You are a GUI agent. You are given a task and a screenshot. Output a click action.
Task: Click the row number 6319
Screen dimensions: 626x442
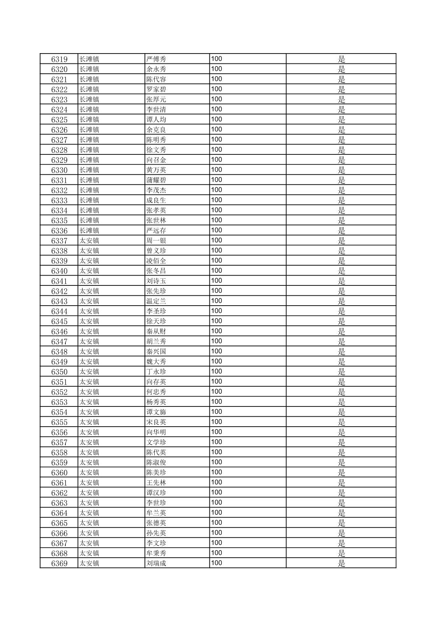pyautogui.click(x=59, y=59)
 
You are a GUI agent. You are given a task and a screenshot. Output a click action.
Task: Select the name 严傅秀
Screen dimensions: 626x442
pyautogui.click(x=156, y=59)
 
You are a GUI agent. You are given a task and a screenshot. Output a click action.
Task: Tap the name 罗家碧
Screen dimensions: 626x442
pyautogui.click(x=156, y=89)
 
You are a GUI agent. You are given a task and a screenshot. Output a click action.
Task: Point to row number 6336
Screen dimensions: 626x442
pyautogui.click(x=59, y=231)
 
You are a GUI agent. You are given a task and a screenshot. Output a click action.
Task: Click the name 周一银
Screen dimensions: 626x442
pyautogui.click(x=156, y=241)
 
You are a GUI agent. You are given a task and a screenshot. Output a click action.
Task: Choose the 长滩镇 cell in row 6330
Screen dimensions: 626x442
pyautogui.click(x=89, y=170)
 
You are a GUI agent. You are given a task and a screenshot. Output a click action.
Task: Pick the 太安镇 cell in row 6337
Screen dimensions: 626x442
pyautogui.click(x=89, y=241)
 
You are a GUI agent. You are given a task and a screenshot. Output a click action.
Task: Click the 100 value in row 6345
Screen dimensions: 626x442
pyautogui.click(x=216, y=321)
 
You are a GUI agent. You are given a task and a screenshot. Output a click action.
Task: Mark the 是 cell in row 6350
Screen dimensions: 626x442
pyautogui.click(x=341, y=372)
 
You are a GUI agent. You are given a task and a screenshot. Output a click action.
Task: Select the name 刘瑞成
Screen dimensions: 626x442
pyautogui.click(x=156, y=563)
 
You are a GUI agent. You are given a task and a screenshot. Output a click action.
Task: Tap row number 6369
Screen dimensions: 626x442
pyautogui.click(x=59, y=563)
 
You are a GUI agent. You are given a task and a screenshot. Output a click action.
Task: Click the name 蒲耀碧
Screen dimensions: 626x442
pyautogui.click(x=156, y=180)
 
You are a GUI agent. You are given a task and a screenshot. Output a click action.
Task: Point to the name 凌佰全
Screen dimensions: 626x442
pyautogui.click(x=156, y=261)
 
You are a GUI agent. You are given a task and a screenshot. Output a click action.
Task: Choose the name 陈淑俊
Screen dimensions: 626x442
pyautogui.click(x=156, y=462)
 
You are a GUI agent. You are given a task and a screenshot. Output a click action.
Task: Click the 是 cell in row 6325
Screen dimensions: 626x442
pyautogui.click(x=341, y=120)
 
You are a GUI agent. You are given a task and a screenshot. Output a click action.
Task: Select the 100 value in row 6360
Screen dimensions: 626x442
pyautogui.click(x=216, y=472)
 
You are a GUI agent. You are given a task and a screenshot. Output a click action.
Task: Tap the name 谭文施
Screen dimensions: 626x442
pyautogui.click(x=156, y=412)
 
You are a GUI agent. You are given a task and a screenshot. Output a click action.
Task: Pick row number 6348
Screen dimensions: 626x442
pyautogui.click(x=59, y=352)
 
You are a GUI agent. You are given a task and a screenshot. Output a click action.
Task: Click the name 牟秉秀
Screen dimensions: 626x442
pyautogui.click(x=156, y=553)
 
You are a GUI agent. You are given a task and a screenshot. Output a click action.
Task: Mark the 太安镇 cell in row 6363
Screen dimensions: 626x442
pyautogui.click(x=89, y=503)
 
